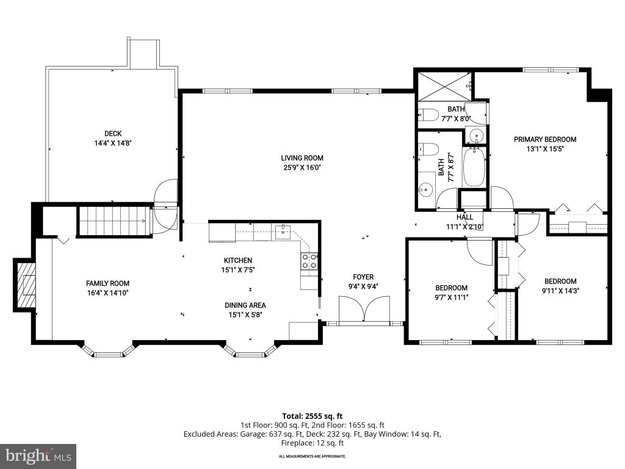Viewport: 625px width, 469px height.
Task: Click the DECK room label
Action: pos(113,134)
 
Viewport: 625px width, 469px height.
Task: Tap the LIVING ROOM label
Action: pos(302,158)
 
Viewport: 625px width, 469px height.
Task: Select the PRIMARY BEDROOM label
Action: pos(545,139)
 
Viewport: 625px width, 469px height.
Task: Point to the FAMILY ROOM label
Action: pos(107,283)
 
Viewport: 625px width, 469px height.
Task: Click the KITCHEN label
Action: pos(238,260)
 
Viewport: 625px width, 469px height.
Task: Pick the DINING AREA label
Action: pos(245,305)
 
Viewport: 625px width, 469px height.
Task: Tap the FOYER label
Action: pos(363,277)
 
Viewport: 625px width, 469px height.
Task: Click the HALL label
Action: pos(464,217)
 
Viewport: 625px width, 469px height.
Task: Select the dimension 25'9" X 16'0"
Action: pos(302,167)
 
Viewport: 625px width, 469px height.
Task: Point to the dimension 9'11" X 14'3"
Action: pos(560,291)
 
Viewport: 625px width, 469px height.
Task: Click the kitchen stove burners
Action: pos(309,261)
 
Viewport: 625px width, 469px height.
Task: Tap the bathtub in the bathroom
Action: pos(474,167)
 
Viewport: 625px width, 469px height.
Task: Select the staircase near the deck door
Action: pos(114,220)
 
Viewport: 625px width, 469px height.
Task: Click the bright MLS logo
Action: pos(38,456)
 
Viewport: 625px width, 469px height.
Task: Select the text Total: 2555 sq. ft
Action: pos(312,416)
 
